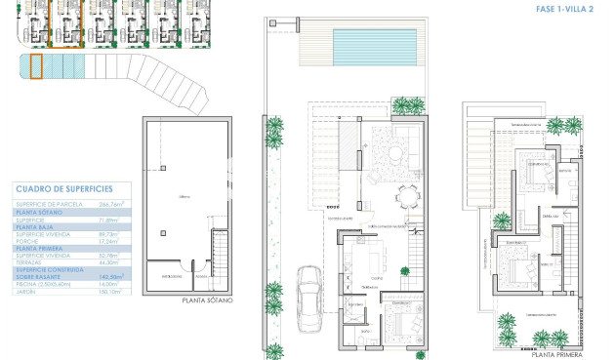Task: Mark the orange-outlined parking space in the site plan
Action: pos(36,67)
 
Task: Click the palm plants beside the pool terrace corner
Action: pos(407,105)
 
